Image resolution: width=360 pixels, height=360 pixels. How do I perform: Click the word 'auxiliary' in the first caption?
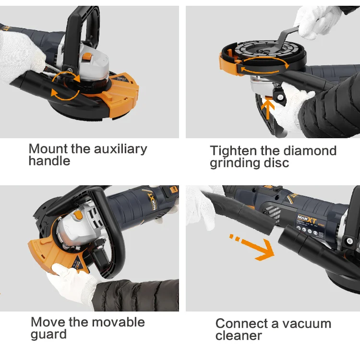pyautogui.click(x=120, y=149)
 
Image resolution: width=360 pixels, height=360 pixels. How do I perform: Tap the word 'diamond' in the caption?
pyautogui.click(x=310, y=151)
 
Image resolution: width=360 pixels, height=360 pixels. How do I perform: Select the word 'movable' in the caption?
pyautogui.click(x=118, y=322)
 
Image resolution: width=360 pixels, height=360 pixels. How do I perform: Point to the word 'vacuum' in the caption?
pyautogui.click(x=307, y=324)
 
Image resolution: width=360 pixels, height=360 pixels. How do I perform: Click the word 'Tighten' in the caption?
pyautogui.click(x=233, y=151)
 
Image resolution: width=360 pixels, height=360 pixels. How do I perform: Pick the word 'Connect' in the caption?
pyautogui.click(x=241, y=324)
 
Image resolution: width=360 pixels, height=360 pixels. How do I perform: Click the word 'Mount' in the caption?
pyautogui.click(x=48, y=149)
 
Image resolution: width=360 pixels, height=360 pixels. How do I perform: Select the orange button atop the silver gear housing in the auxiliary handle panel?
pyautogui.click(x=87, y=57)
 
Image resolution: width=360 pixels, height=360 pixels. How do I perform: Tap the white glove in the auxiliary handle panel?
pyautogui.click(x=21, y=56)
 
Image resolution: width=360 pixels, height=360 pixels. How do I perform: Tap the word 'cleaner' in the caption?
pyautogui.click(x=239, y=336)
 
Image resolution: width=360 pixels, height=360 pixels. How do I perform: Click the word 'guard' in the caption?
pyautogui.click(x=48, y=335)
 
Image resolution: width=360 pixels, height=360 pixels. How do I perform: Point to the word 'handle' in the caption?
pyautogui.click(x=49, y=161)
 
